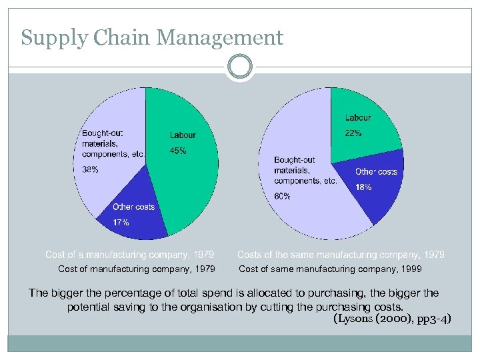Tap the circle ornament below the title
click(x=239, y=68)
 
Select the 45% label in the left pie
click(x=178, y=151)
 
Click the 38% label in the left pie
click(x=90, y=169)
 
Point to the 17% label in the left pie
click(x=121, y=222)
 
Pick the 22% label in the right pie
click(x=353, y=133)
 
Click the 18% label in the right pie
click(x=363, y=187)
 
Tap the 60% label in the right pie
click(x=282, y=196)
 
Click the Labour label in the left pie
click(x=183, y=135)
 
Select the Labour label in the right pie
click(x=358, y=118)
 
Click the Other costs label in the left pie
click(x=133, y=207)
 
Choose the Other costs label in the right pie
click(x=376, y=172)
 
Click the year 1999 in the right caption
click(x=411, y=269)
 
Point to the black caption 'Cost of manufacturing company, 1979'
click(x=137, y=269)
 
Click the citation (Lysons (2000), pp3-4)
click(x=391, y=319)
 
